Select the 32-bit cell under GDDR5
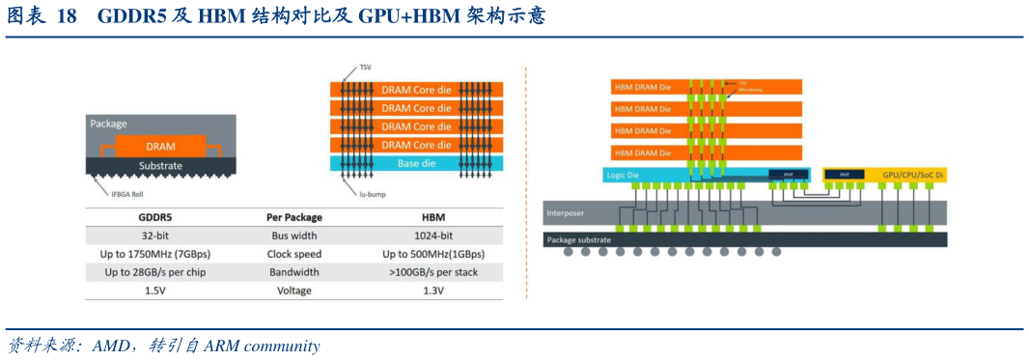pyautogui.click(x=154, y=235)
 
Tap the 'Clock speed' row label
pyautogui.click(x=293, y=254)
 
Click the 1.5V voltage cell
pyautogui.click(x=154, y=290)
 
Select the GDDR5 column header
pyautogui.click(x=154, y=217)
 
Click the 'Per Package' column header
pyautogui.click(x=293, y=217)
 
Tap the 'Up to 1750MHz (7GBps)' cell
pyautogui.click(x=154, y=254)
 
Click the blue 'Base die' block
pyautogui.click(x=416, y=163)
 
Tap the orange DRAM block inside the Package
pyautogui.click(x=160, y=146)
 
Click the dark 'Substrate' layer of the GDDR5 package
pyautogui.click(x=160, y=165)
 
